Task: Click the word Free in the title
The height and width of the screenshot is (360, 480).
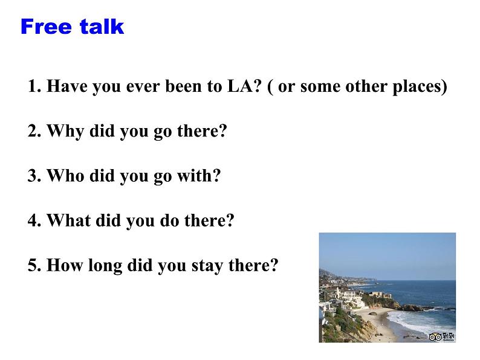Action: [46, 27]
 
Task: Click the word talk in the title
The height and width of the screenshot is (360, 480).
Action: [102, 27]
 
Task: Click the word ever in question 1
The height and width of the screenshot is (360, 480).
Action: [143, 86]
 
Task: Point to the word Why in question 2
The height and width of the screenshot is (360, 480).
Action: [65, 132]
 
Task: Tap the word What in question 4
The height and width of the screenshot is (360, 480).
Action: [68, 220]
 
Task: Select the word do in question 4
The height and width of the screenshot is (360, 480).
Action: [169, 220]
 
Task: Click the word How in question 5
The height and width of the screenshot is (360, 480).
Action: [65, 265]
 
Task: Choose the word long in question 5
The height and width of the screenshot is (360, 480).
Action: [105, 266]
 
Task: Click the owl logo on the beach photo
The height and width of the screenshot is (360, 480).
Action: [435, 337]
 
